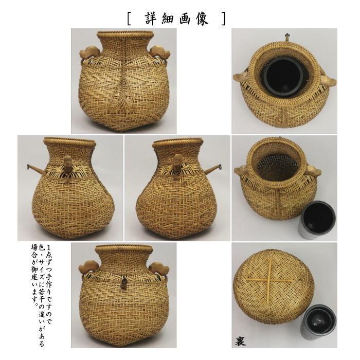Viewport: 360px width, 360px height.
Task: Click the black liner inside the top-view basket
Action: coord(283,75)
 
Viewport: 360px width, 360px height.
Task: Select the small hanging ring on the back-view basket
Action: coord(123,282)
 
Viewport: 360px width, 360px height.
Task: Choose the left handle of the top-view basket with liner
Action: coord(241,78)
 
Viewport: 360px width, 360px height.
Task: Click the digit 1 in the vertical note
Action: coord(57,248)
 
